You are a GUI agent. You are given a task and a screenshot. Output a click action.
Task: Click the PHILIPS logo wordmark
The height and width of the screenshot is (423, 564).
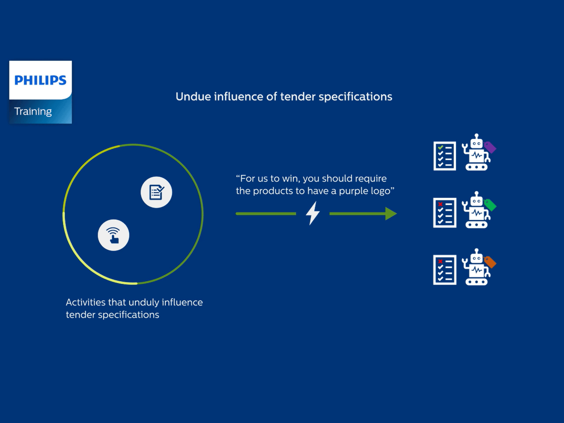(x=40, y=80)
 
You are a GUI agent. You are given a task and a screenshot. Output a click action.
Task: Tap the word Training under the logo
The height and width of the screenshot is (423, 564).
(x=33, y=111)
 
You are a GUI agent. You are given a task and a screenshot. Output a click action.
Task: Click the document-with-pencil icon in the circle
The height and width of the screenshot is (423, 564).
(x=156, y=192)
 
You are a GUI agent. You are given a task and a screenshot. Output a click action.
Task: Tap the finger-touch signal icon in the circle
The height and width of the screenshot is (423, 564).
(x=113, y=235)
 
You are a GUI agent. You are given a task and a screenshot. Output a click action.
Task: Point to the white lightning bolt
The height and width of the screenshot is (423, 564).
(x=313, y=213)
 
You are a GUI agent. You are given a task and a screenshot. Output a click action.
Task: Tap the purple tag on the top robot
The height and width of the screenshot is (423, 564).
(x=490, y=147)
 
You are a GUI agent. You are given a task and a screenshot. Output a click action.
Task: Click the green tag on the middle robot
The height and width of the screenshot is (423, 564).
(x=490, y=205)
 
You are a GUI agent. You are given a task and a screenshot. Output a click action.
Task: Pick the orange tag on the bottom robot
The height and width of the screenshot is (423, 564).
(x=490, y=262)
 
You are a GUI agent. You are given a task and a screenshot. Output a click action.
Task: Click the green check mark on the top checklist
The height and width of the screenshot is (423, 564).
(x=440, y=147)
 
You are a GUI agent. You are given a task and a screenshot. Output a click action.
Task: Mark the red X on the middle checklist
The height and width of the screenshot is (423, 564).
(x=440, y=204)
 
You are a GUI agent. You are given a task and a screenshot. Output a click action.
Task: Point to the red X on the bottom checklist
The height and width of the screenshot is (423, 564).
(x=440, y=261)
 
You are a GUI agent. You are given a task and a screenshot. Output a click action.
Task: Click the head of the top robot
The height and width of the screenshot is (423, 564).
(x=477, y=143)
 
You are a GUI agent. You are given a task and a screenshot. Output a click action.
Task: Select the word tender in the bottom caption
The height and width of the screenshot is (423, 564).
(x=80, y=315)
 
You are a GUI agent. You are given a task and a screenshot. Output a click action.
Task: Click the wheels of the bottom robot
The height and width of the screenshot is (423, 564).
(x=477, y=282)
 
